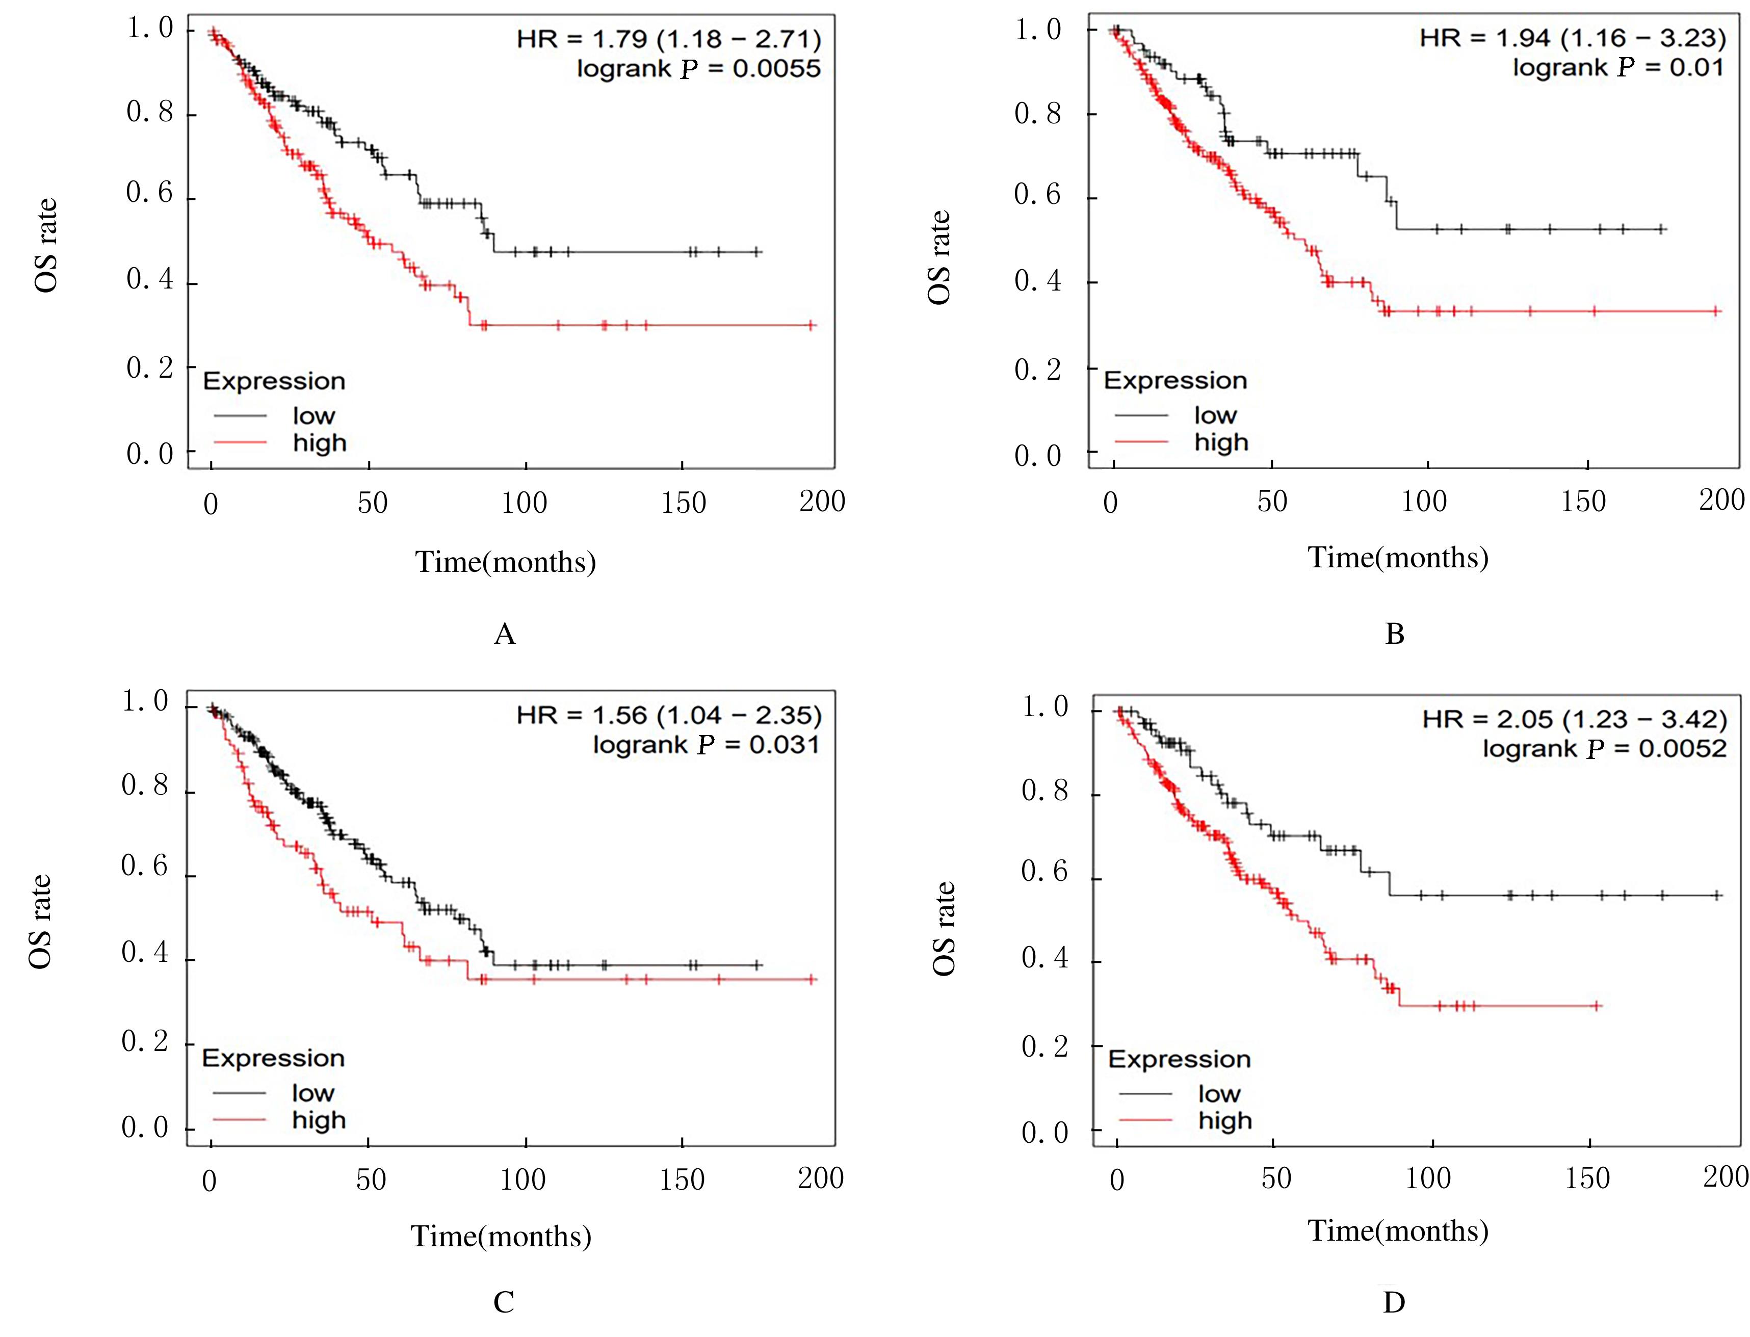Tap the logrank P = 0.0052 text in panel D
(1604, 749)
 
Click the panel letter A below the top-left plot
(505, 634)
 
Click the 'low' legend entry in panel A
(314, 415)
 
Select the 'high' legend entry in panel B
(1221, 442)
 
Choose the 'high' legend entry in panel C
(318, 1120)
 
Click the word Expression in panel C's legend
(273, 1059)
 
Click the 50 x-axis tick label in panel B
(1272, 502)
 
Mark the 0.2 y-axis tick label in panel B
(1037, 370)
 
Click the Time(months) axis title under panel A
(505, 562)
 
